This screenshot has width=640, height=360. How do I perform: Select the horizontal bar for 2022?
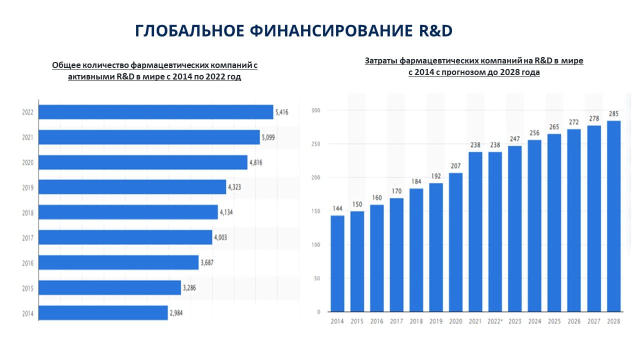coord(156,112)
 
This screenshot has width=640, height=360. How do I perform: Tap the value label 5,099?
coord(268,137)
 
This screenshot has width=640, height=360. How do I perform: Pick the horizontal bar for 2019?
coord(132,187)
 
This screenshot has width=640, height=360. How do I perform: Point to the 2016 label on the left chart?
coord(27,263)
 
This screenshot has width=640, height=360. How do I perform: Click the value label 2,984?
coord(176,313)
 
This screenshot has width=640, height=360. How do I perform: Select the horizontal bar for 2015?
coord(109,287)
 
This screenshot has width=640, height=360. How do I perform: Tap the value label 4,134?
coord(226,212)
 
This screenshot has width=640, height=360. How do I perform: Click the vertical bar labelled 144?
coord(337,263)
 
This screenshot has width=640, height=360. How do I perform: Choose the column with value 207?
coord(455,242)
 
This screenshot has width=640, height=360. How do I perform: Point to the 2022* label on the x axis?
coord(495,321)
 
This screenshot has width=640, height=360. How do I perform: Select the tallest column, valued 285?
coord(613,216)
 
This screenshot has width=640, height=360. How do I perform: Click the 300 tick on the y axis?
coord(315,110)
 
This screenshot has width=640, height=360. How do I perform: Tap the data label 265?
coord(554,127)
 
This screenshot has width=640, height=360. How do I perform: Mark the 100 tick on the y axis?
coord(315,245)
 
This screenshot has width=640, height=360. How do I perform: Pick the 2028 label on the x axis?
coord(613,321)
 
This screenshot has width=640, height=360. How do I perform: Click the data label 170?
coord(396,191)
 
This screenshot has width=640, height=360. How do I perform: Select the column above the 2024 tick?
coord(534,225)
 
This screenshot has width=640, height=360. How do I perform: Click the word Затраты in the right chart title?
coord(381,61)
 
